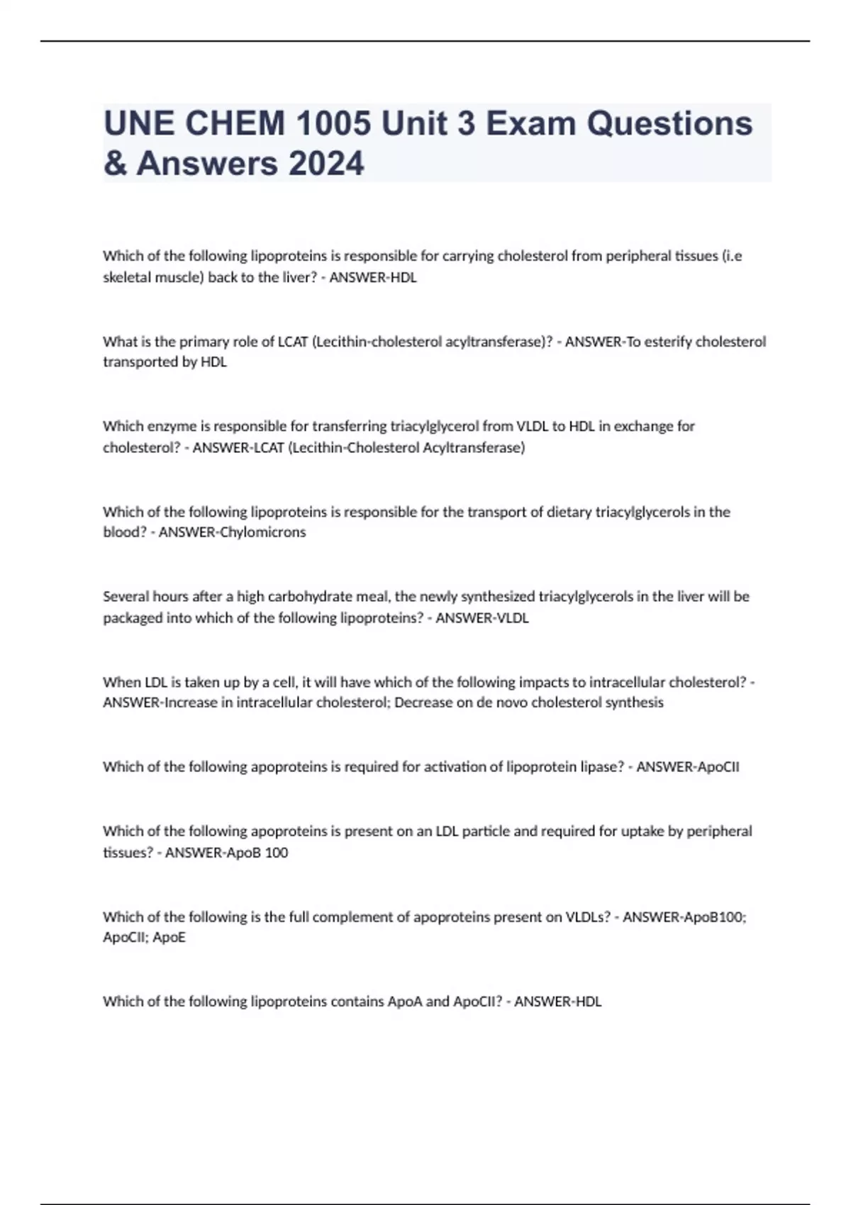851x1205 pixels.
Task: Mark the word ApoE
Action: (x=169, y=937)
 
